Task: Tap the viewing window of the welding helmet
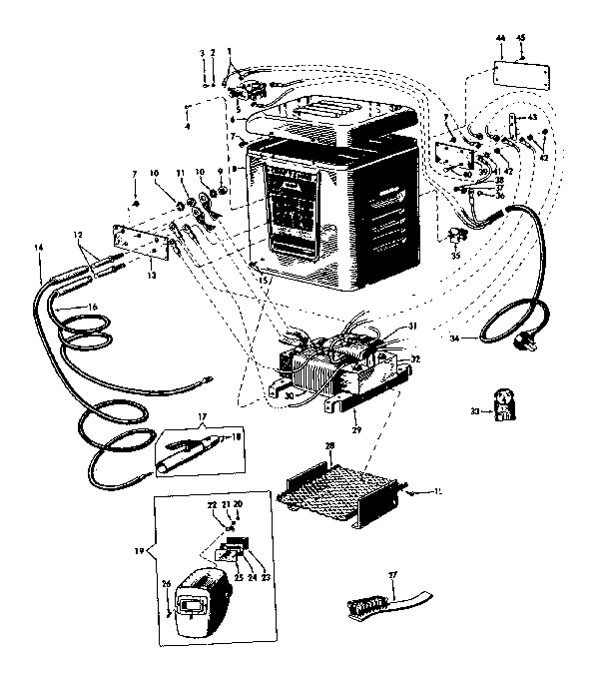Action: (x=191, y=605)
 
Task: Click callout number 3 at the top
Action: (x=203, y=52)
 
